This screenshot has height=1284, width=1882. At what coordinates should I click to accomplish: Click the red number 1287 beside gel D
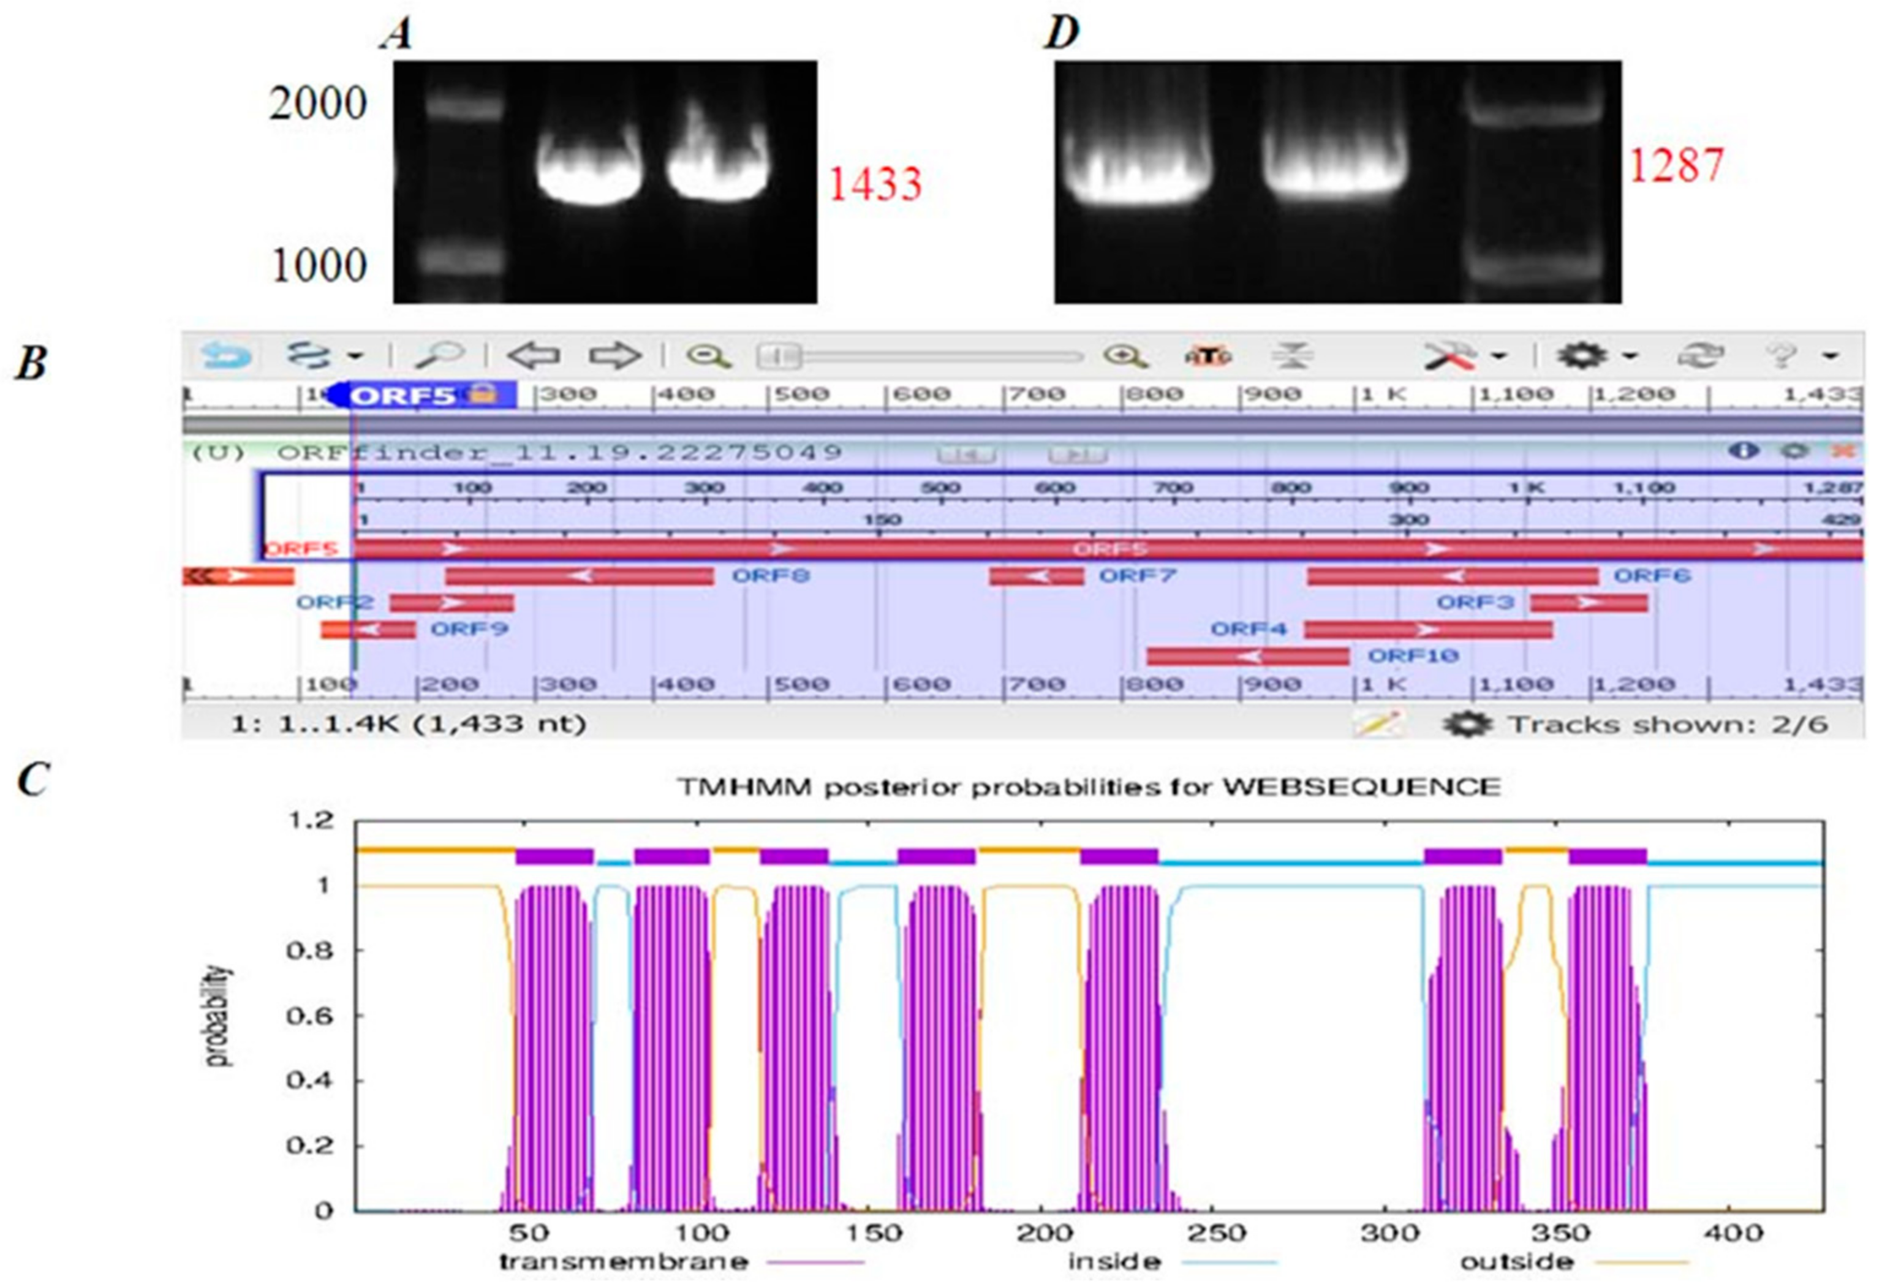coord(1676,165)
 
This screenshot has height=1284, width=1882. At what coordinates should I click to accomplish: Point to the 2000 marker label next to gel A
coord(318,104)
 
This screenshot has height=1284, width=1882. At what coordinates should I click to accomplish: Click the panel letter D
coord(1062,34)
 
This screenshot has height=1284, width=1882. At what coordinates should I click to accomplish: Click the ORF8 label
coord(770,576)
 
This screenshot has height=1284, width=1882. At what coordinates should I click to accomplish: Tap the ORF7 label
coord(1136,576)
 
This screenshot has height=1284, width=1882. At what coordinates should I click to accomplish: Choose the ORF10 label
coord(1413,655)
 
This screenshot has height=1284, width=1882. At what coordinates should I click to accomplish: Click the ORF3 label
coord(1475,602)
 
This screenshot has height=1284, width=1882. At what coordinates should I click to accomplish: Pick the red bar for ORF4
coord(1427,629)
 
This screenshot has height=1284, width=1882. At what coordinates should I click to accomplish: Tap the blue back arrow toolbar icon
coord(225,355)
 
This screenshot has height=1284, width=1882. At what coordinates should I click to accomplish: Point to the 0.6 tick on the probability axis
coord(309,1015)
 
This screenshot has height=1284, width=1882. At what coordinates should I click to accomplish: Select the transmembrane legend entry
coord(624,1261)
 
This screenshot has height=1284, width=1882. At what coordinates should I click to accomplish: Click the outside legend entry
coord(1517,1261)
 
